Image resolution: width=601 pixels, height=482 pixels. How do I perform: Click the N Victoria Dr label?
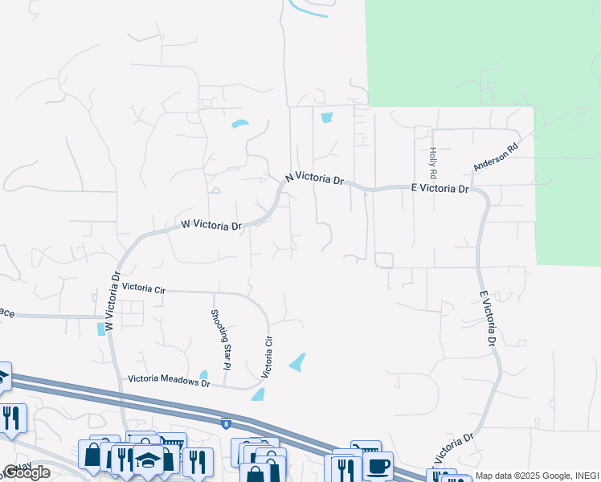click(x=315, y=178)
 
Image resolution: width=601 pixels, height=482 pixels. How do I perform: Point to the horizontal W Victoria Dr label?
click(x=211, y=226)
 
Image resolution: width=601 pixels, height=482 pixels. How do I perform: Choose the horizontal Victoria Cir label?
click(x=144, y=288)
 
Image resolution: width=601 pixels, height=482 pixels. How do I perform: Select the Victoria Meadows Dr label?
click(x=169, y=382)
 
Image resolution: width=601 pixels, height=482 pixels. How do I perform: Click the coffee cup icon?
click(x=378, y=465)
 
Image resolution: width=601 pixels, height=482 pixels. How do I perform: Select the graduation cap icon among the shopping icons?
click(x=148, y=460)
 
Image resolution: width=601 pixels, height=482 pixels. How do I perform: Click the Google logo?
click(x=27, y=472)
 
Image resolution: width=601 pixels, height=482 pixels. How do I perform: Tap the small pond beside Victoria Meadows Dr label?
click(x=203, y=374)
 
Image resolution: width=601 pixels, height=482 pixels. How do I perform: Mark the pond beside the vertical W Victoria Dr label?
click(x=100, y=329)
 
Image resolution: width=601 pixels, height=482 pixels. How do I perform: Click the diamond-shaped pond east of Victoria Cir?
click(x=297, y=362)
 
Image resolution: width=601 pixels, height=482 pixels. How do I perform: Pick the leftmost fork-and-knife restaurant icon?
click(x=11, y=418)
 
